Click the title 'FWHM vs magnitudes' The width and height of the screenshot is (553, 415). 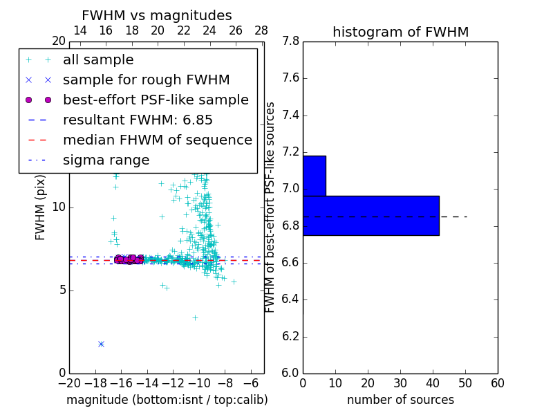point(157,16)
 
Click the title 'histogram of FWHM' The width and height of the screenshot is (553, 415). point(400,33)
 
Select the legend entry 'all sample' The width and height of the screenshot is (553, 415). point(98,60)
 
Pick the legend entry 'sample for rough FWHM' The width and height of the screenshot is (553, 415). point(146,80)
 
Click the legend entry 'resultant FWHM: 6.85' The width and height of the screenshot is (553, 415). point(138,120)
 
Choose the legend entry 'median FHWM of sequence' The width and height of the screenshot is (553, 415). point(157,140)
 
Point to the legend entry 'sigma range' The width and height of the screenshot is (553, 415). point(106,160)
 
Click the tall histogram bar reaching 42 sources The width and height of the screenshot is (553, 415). point(371,215)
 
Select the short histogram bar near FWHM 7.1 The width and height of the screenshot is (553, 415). point(314,176)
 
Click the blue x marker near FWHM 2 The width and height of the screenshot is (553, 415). point(101,344)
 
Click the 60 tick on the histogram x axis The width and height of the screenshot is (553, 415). point(497,383)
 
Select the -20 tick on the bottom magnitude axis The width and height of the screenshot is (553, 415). point(69,383)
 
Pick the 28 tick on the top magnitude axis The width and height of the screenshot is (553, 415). point(261,30)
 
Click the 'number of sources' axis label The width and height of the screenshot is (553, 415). point(400,400)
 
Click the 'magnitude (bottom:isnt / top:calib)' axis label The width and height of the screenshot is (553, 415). point(167,400)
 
